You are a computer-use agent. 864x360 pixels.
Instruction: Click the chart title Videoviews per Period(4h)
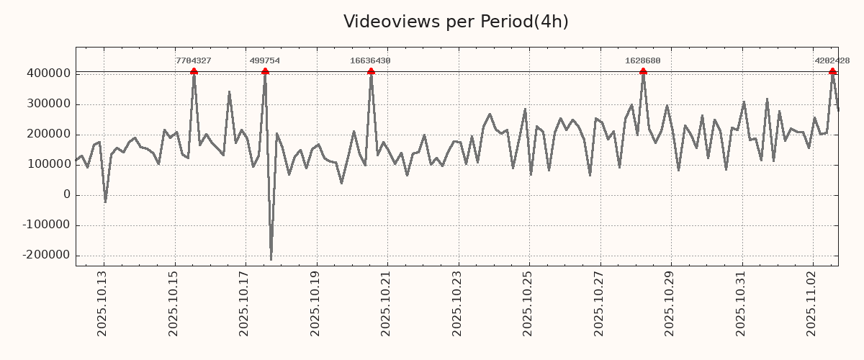point(456,22)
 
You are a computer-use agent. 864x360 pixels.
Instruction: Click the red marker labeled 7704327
point(194,71)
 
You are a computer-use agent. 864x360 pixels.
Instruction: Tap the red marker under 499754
point(265,71)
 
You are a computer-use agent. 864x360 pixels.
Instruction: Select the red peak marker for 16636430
point(371,71)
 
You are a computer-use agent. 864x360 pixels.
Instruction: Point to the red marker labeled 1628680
point(643,71)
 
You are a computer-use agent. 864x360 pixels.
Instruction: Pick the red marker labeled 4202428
point(832,71)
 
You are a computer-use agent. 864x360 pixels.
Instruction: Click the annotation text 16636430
point(370,61)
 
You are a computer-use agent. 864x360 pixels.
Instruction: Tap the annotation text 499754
point(264,61)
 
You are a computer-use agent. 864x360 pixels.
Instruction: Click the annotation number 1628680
point(642,61)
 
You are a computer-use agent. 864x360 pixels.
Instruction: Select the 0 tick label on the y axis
point(67,194)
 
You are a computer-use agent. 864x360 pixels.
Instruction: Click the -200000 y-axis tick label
point(47,255)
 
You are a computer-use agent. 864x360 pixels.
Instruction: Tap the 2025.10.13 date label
point(102,303)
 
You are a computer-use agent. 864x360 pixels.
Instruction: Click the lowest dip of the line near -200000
point(271,258)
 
